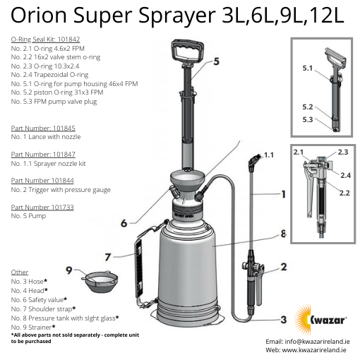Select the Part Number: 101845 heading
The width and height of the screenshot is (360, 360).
(x=43, y=128)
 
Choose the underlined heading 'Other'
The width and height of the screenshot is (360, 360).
(x=20, y=272)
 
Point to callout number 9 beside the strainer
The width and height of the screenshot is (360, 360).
(x=70, y=269)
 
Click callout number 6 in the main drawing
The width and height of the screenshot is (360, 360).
(x=124, y=223)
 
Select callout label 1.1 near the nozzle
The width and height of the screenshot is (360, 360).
(x=268, y=154)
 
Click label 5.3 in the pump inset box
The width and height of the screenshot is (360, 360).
(x=307, y=119)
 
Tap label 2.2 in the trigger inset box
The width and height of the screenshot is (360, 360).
(x=345, y=191)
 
